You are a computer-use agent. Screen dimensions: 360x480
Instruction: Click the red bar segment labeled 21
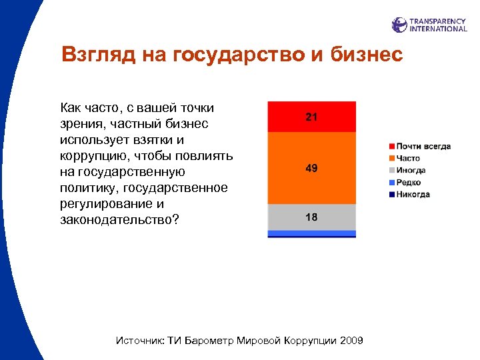coord(311,117)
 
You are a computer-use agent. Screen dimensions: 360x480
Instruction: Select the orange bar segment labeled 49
coord(311,169)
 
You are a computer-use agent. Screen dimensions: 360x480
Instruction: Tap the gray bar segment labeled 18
coord(311,217)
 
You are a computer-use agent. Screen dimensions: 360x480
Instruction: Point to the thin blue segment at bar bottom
coord(311,234)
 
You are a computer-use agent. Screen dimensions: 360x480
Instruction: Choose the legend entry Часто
coord(407,159)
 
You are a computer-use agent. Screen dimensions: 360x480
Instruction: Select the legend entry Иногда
coord(410,171)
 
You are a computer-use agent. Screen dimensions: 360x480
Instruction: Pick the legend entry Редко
coord(408,183)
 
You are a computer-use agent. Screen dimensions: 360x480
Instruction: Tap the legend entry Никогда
coord(412,195)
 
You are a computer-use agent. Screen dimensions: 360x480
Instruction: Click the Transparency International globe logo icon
coord(399,25)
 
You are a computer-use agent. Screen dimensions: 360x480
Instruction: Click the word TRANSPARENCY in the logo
coord(438,21)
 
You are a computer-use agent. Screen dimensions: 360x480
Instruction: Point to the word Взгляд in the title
coord(99,55)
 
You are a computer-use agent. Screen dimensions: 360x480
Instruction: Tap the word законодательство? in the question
coord(119,220)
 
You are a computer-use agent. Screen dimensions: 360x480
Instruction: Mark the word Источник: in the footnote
coord(139,341)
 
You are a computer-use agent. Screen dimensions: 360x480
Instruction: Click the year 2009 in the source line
coord(351,341)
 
